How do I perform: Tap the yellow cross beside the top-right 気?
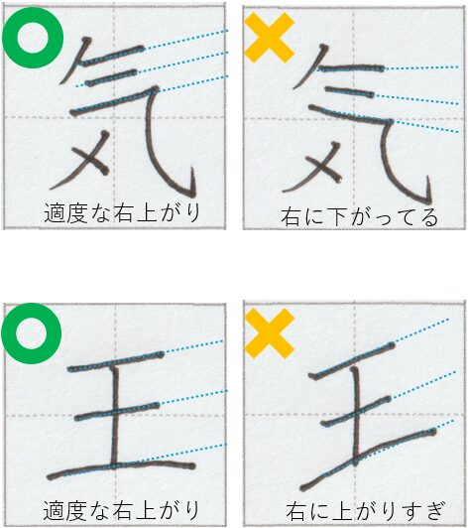(269, 38)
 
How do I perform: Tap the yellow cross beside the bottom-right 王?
(269, 333)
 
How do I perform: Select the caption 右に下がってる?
(359, 217)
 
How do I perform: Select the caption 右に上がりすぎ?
(366, 511)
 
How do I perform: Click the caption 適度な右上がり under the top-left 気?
(122, 212)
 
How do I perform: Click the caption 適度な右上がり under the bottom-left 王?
(121, 510)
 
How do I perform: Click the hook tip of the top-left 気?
(192, 168)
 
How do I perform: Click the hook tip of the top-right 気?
(428, 178)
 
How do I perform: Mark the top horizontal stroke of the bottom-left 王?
(116, 361)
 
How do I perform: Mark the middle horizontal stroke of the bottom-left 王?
(117, 412)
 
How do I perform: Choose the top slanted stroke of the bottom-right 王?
(352, 361)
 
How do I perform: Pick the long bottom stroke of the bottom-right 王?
(368, 459)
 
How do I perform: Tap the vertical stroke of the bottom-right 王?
(356, 415)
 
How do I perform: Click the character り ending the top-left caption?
(193, 212)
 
